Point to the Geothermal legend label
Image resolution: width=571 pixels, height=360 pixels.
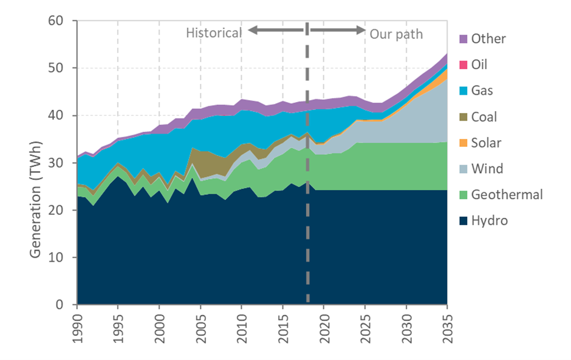tap(507, 195)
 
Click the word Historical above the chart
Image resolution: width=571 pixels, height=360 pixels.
tap(213, 33)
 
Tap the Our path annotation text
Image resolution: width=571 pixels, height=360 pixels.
tap(396, 33)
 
